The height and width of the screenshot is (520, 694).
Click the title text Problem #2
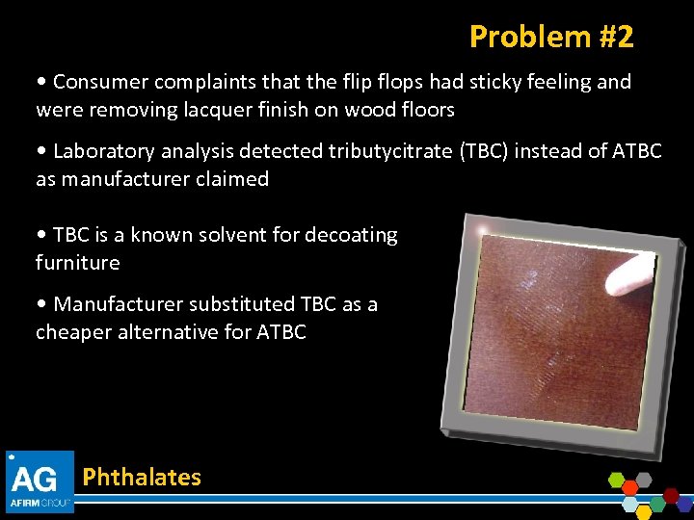551,37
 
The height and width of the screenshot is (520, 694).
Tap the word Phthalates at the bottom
142,477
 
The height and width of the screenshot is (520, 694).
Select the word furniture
78,262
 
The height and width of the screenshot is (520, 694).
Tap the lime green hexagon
616,480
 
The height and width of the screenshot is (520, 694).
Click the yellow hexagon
644,512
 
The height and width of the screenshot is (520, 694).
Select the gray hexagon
644,480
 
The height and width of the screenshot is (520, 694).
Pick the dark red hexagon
671,496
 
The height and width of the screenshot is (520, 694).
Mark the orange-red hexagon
629,488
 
